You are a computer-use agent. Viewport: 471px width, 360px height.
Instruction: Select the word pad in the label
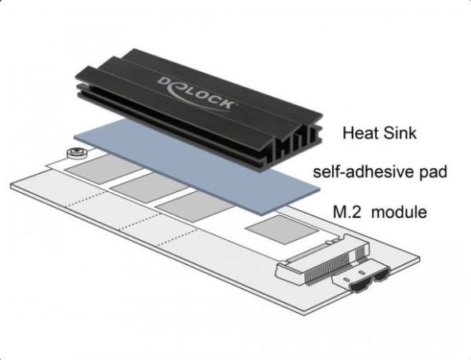click(x=433, y=173)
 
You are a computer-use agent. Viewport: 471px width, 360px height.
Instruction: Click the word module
click(x=400, y=212)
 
